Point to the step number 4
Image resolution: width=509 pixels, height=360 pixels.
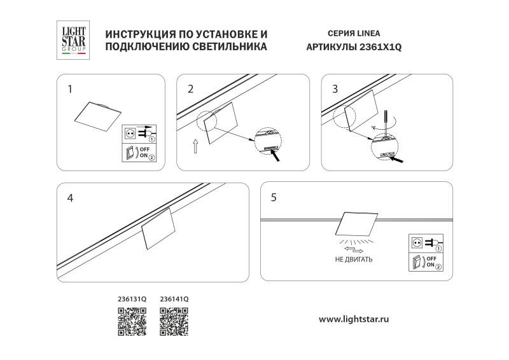click(70, 198)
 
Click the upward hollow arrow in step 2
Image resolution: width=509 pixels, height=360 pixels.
click(195, 148)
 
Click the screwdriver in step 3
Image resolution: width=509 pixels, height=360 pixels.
click(385, 121)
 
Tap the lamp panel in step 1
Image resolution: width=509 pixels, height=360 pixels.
click(98, 114)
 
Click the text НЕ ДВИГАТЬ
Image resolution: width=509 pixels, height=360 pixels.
click(353, 260)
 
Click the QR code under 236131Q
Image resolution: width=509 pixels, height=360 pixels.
click(132, 321)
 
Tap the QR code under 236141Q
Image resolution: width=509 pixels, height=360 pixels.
click(173, 321)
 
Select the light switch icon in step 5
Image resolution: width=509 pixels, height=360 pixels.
click(417, 261)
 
